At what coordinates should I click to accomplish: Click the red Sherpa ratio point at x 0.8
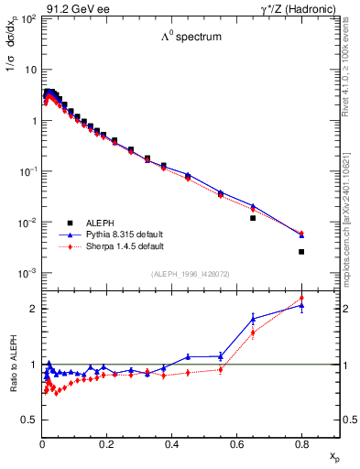tap(301, 298)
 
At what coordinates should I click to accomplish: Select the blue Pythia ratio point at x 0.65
tap(253, 319)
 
